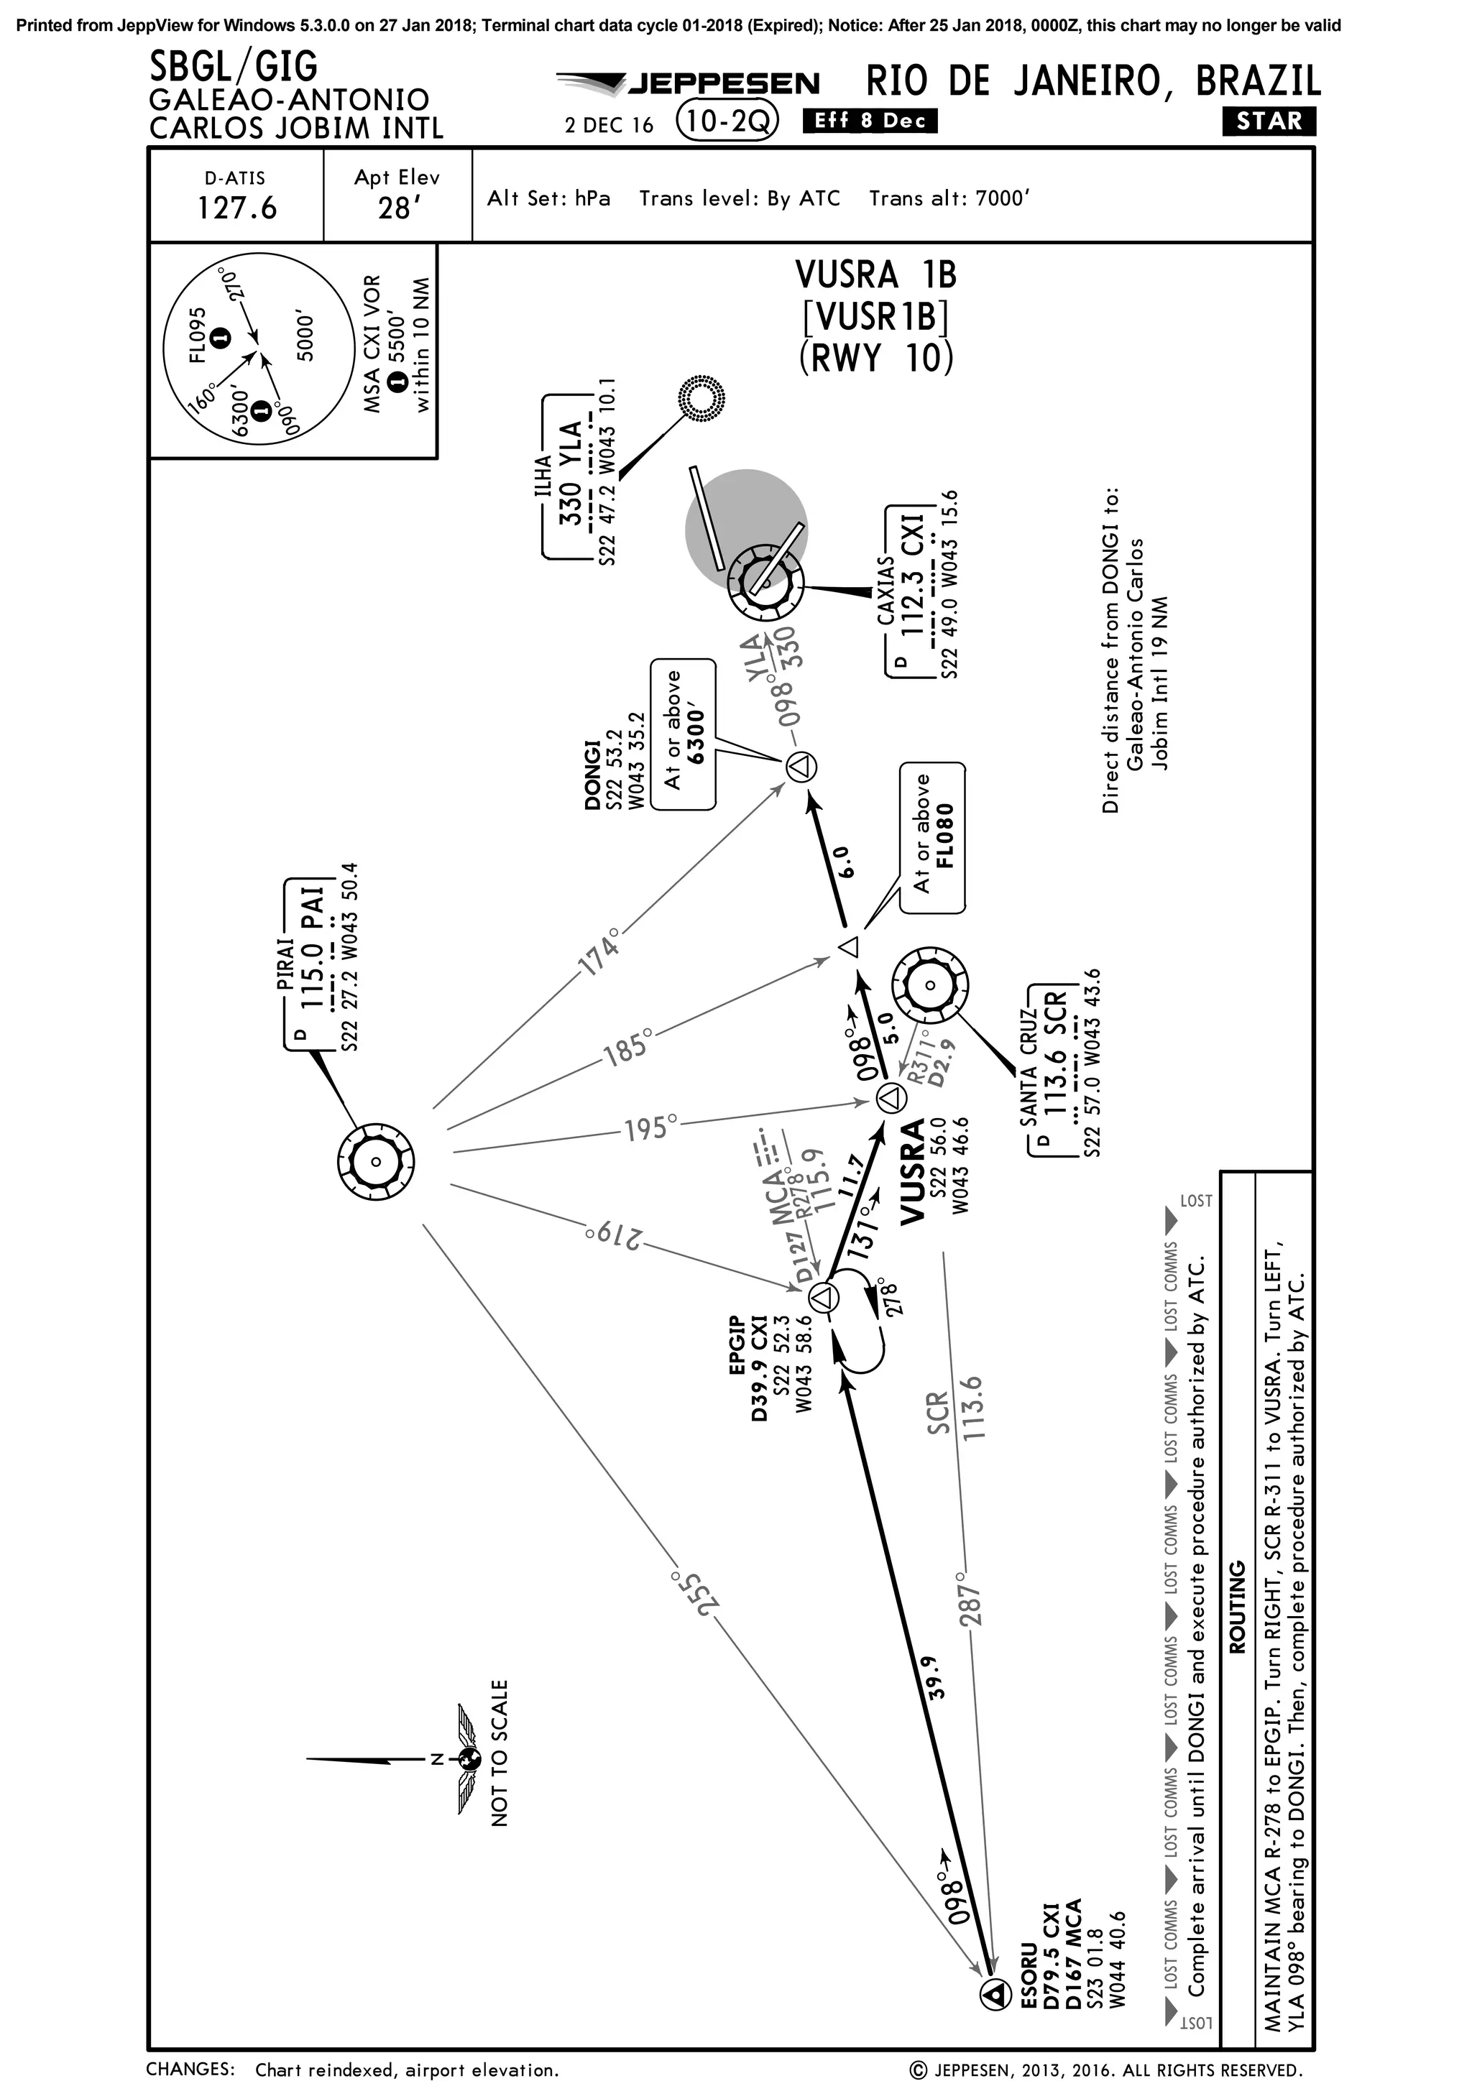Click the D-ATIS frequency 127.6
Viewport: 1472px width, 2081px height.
pyautogui.click(x=236, y=208)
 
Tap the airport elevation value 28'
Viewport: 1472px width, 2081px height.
pyautogui.click(x=395, y=208)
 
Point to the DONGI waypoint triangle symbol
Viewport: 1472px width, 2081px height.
pyautogui.click(x=801, y=767)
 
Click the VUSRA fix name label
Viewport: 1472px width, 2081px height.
pyautogui.click(x=912, y=1171)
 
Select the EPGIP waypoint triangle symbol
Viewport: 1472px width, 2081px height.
pyautogui.click(x=822, y=1298)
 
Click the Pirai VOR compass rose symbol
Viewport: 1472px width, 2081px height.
pyautogui.click(x=375, y=1162)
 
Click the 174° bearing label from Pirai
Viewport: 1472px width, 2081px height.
pyautogui.click(x=601, y=951)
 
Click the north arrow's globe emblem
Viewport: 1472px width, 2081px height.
pyautogui.click(x=469, y=1760)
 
